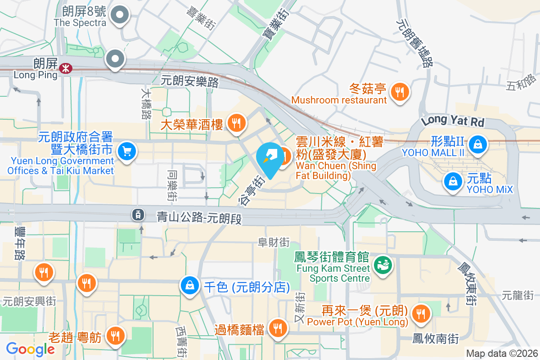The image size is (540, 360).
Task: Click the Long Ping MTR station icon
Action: [66, 68]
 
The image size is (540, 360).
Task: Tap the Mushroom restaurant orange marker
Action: [399, 92]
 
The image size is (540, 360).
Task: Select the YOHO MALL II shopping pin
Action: [476, 144]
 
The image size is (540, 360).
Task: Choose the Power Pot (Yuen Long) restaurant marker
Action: [420, 312]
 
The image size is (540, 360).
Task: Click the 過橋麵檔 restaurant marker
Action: [277, 329]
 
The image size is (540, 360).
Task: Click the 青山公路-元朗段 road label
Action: [199, 218]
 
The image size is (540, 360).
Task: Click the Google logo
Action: [31, 349]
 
